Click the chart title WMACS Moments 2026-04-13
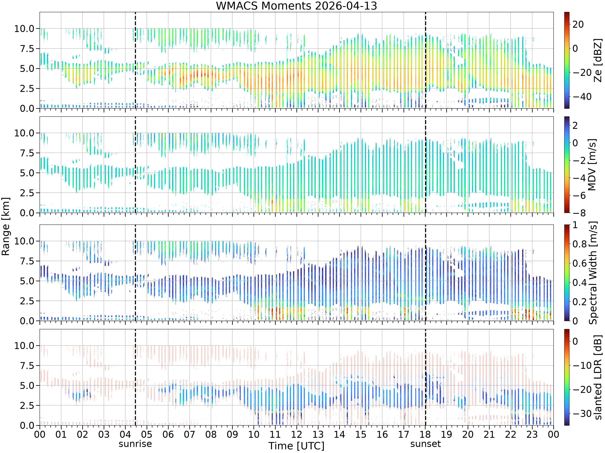point(296,6)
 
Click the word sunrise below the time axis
point(135,444)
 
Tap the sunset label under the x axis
point(425,444)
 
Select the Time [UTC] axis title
point(296,446)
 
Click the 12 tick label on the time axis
point(296,434)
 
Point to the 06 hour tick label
point(168,434)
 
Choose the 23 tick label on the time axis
point(532,434)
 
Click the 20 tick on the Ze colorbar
point(578,24)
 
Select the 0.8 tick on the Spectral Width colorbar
point(580,244)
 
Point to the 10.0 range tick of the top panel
point(24,28)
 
